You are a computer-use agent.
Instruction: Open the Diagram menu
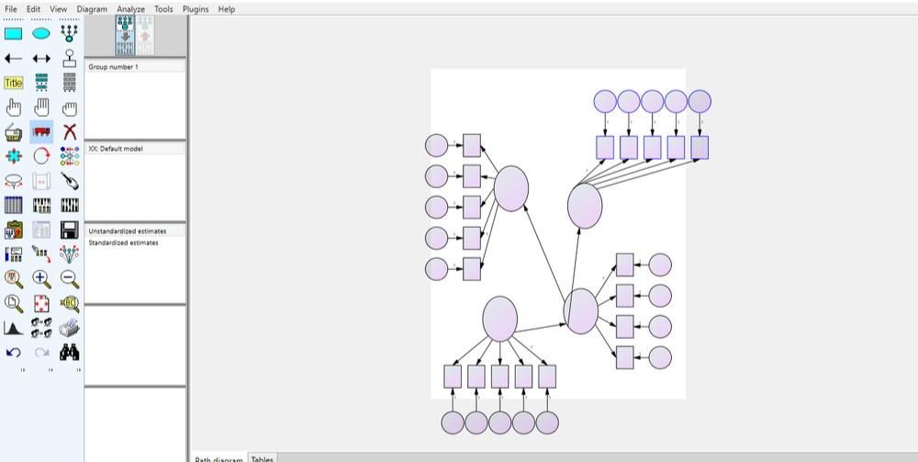92,9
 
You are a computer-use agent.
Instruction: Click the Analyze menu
130,9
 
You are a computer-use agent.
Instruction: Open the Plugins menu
196,9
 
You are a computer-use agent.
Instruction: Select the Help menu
226,9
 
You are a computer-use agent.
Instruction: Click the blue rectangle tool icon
14,34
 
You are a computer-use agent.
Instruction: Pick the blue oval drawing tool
41,34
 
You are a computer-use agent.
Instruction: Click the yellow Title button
14,83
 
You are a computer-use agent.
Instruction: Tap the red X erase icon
70,132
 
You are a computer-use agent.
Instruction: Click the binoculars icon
70,353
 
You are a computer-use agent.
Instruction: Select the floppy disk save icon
70,230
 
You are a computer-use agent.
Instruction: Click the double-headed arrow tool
41,59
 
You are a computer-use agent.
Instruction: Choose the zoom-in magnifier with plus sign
41,278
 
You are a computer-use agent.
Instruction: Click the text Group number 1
113,67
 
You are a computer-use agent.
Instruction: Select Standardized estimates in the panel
123,243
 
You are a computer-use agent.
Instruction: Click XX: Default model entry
116,149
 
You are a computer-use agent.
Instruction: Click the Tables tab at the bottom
262,458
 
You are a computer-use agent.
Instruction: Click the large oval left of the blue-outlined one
511,188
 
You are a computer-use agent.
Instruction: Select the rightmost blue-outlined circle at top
700,101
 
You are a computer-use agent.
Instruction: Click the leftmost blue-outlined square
605,147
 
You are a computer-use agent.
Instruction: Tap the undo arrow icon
14,353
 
